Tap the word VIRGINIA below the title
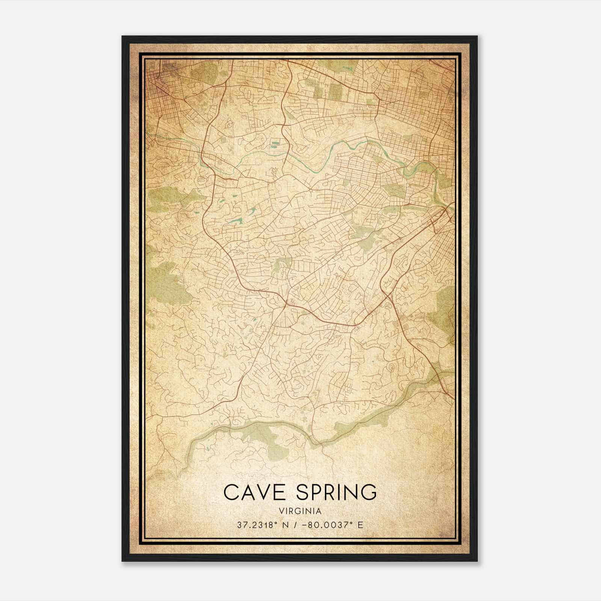tap(300, 511)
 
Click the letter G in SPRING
tap(369, 492)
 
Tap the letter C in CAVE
tap(230, 492)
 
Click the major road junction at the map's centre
tap(286, 301)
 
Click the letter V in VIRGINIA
tap(281, 511)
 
